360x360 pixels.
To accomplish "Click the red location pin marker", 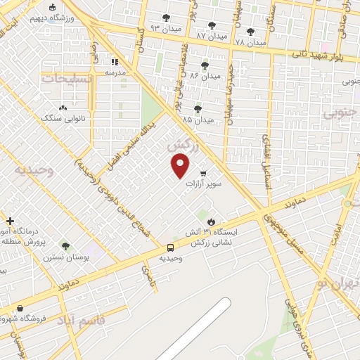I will [181, 166].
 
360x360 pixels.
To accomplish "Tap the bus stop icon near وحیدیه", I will [171, 247].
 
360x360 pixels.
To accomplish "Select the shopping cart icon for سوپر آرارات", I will [203, 173].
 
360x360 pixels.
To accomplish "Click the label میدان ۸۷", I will [212, 35].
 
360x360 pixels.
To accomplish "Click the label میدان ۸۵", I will [198, 120].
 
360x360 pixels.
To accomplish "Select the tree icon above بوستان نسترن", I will [65, 246].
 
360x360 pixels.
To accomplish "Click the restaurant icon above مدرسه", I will [115, 62].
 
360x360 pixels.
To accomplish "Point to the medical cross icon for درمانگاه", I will [10, 221].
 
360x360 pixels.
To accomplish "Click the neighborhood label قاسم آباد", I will [83, 320].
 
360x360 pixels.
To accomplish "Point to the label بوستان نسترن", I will [66, 257].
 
